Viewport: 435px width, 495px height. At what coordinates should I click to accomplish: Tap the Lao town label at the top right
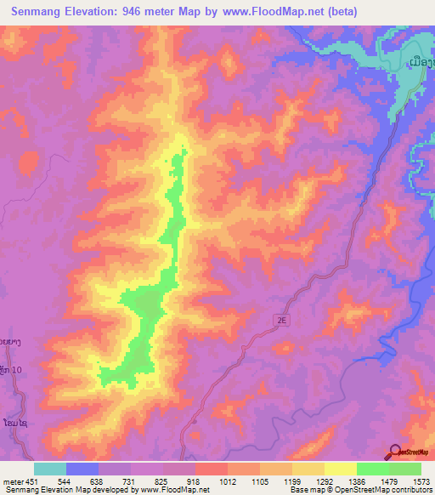(x=421, y=62)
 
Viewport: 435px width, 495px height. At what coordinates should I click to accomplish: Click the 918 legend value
(x=195, y=481)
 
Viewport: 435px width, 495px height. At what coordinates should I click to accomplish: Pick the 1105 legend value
(x=259, y=481)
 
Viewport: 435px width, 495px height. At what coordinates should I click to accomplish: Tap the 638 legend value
(x=99, y=481)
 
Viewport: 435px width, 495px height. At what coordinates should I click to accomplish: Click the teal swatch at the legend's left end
(x=50, y=469)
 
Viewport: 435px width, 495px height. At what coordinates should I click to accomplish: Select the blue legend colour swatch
(x=82, y=469)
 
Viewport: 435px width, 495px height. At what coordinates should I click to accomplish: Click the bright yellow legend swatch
(x=340, y=469)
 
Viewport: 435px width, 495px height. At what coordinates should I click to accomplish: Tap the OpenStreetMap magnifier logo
(x=395, y=453)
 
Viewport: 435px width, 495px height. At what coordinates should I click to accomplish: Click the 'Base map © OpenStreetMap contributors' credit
(x=360, y=490)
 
